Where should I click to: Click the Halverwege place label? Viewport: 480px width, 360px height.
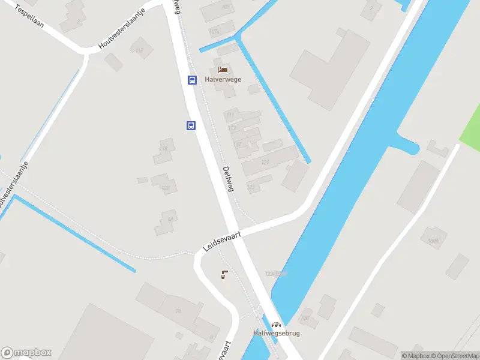tap(223, 79)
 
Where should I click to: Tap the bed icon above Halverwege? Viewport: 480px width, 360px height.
tap(223, 70)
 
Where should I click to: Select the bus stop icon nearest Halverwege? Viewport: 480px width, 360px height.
tap(192, 80)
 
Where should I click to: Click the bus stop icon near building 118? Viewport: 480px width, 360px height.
tap(191, 125)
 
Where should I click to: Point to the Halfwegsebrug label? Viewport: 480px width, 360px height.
tap(276, 334)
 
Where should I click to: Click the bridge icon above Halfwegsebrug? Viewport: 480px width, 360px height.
tap(276, 324)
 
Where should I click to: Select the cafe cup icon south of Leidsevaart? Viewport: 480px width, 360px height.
tap(224, 275)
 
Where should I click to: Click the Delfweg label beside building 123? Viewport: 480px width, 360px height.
tap(227, 179)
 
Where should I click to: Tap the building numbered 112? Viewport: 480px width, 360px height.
tap(140, 50)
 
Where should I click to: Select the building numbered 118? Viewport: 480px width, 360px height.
tap(163, 149)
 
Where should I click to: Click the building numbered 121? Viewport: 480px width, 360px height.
tap(265, 162)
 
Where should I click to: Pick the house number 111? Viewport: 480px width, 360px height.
tap(230, 115)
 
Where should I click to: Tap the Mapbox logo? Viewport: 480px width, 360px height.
tap(26, 353)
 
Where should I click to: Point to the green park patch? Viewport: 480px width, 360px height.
tap(470, 128)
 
